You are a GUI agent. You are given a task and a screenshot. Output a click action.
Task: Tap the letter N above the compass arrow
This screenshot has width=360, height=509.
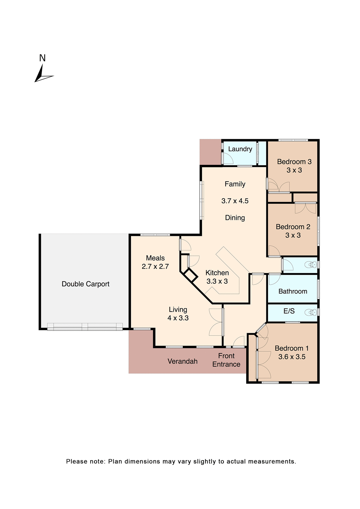tap(42, 58)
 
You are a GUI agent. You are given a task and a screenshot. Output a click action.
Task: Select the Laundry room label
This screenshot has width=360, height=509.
tap(240, 149)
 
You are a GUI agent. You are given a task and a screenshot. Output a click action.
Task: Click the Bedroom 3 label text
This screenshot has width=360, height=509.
tap(294, 162)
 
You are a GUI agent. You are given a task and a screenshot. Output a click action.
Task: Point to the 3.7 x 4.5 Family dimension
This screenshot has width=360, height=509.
tap(235, 201)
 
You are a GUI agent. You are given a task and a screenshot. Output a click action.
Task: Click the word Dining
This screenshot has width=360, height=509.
tap(235, 218)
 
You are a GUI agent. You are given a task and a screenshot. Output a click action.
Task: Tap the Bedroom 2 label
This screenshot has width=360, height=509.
tap(293, 227)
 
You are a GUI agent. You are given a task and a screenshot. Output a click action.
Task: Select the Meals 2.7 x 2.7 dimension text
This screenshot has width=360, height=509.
tap(155, 266)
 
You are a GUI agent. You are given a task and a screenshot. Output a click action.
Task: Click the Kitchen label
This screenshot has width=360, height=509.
tap(217, 273)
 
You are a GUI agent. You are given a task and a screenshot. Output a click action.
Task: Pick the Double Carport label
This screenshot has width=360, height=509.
tap(86, 284)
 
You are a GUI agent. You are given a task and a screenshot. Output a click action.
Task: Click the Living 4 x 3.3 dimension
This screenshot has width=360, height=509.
tap(178, 318)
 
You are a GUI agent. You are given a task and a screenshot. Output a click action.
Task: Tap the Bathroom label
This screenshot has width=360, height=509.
tap(293, 291)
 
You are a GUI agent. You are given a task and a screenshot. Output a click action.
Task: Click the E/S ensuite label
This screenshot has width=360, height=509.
tap(289, 311)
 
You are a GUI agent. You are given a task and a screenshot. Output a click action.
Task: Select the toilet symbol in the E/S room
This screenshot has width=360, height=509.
tap(311, 312)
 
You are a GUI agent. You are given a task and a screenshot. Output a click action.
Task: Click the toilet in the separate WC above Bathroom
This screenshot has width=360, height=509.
tap(311, 265)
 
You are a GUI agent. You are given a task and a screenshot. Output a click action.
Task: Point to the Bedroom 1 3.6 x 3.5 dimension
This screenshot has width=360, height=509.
tap(292, 357)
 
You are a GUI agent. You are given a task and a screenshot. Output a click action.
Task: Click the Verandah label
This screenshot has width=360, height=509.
tap(183, 361)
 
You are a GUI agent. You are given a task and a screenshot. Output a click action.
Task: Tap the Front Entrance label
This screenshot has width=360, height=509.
tap(226, 360)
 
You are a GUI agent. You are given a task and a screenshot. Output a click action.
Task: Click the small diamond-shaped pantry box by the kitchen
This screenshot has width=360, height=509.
tap(191, 275)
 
